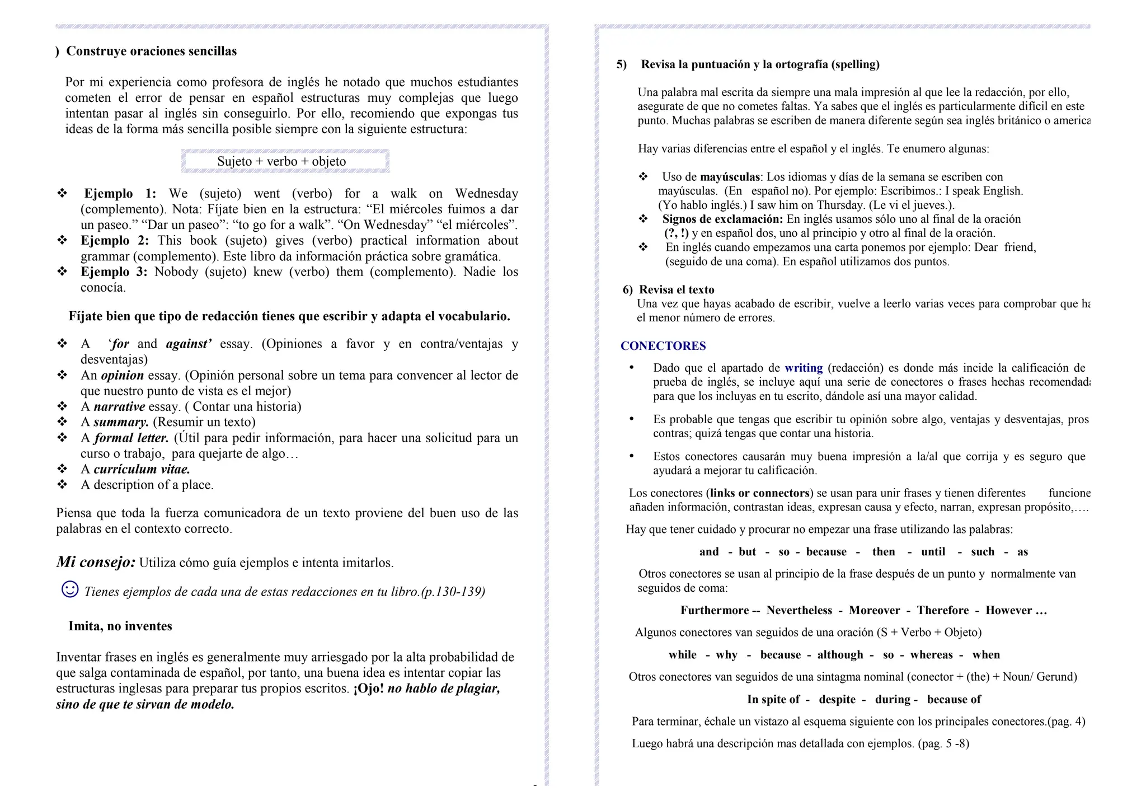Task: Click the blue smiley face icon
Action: tap(70, 589)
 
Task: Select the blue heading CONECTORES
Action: tap(663, 346)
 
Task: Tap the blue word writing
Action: tap(804, 368)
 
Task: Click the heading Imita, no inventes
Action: tap(120, 626)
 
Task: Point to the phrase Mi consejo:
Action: tap(96, 561)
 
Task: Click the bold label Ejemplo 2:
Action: tap(115, 241)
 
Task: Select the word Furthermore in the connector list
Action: tap(714, 610)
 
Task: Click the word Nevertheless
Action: tap(799, 610)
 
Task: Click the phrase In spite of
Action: tap(773, 699)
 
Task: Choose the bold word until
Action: tap(933, 551)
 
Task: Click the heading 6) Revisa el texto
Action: tap(669, 289)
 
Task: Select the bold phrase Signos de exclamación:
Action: tap(722, 219)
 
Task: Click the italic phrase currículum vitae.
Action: tap(142, 469)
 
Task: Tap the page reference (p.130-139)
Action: tap(453, 592)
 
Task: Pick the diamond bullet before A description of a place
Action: tap(62, 484)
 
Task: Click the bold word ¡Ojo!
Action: tap(369, 689)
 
